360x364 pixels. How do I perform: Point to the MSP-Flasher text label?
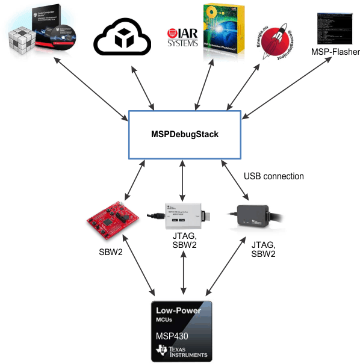click(x=335, y=52)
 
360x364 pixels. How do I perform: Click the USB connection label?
click(x=273, y=176)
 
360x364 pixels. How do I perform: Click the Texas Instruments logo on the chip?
click(x=181, y=351)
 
